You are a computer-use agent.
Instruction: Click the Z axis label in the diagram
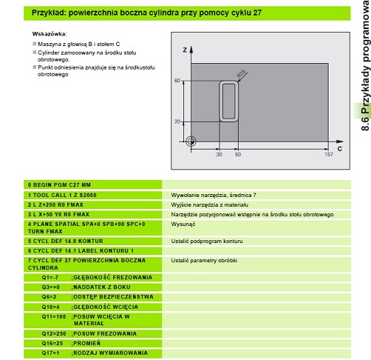185,50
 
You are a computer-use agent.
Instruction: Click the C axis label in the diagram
340,149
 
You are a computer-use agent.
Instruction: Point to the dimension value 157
329,154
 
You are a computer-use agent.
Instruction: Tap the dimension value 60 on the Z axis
177,81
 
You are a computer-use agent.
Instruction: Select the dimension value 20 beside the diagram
177,121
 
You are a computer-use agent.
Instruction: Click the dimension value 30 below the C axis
219,154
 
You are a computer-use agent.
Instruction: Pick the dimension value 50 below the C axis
238,154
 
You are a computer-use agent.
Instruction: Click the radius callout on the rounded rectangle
241,74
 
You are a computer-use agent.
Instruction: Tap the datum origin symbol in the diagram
191,142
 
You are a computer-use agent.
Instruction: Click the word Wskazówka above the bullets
50,34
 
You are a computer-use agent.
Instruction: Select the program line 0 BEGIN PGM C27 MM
59,185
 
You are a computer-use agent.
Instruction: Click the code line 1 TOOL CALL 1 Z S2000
62,195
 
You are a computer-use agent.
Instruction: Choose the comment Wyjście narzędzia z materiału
210,205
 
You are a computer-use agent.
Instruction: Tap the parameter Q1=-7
50,277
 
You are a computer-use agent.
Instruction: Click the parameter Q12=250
54,334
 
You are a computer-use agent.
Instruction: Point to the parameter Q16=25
52,343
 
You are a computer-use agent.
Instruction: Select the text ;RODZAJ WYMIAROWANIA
109,353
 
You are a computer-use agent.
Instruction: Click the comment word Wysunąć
183,224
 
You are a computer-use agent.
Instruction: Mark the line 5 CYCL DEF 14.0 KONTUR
66,241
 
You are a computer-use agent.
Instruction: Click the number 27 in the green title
257,13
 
